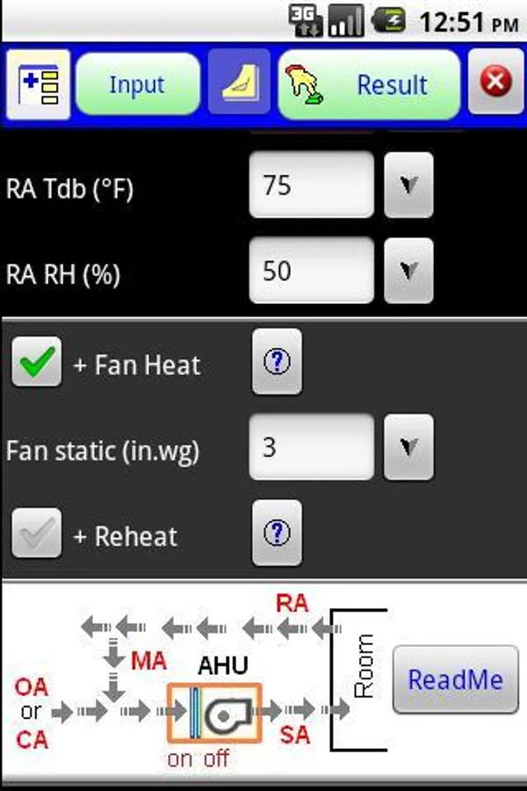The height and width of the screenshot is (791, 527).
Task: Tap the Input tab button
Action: (137, 84)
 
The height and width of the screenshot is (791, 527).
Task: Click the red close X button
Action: (496, 83)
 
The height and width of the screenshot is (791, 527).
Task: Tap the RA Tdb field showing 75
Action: (312, 185)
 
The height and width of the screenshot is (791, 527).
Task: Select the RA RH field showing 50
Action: (312, 271)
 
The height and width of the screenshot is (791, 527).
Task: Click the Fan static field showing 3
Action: (312, 447)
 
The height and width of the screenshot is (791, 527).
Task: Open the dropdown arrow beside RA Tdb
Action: (408, 185)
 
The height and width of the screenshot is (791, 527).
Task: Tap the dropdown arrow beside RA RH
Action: (408, 271)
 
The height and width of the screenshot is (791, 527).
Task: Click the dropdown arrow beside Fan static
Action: (408, 447)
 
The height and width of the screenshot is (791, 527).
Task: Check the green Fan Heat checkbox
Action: (37, 363)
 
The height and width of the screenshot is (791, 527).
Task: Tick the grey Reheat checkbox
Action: (37, 534)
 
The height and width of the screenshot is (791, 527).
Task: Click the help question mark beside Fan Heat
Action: (277, 362)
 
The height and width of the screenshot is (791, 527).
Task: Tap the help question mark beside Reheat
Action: (277, 533)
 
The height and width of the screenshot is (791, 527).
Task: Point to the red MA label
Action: (148, 661)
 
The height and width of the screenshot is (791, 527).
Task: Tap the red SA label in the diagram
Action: (295, 734)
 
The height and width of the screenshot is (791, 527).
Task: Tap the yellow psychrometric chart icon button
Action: (239, 84)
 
